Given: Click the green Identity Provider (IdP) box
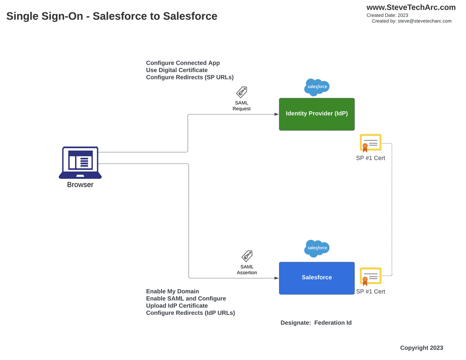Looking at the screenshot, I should pos(316,114).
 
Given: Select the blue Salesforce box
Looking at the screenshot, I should pos(316,278).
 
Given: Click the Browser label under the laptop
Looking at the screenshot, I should pos(80,185).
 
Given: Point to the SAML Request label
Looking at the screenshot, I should pos(241,106).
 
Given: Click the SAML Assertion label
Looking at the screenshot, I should pos(247,270).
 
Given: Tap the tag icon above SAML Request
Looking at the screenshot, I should pos(241,92).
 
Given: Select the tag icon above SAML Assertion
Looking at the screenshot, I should pos(247,256).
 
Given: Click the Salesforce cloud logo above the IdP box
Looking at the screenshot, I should pos(317,87).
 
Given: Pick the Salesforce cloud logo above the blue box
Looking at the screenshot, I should pos(317,248).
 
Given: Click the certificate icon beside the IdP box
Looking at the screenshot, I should pos(370,143).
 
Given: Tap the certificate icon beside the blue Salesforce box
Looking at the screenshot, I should pos(370,276).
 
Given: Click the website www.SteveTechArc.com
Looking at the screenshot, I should pos(411,7).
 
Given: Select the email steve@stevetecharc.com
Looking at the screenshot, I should pos(425,21).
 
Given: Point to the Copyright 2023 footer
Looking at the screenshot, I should pos(421,348).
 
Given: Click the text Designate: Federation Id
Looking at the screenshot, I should pos(316,323).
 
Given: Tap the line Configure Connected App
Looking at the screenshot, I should pos(183,63).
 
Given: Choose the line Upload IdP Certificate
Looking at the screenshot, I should pos(177,306).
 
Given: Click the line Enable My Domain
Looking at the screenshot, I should pos(172,291).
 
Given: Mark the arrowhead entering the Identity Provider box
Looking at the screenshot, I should pos(276,115).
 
